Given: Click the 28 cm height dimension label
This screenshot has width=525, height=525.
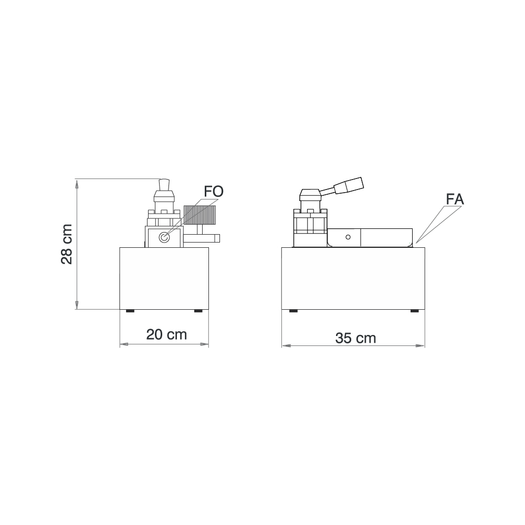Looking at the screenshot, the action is tap(67, 245).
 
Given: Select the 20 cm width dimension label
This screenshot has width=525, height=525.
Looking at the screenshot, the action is tap(166, 334).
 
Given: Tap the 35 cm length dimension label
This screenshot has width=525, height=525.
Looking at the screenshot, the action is tap(355, 338).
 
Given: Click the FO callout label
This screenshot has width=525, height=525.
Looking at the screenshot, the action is tap(214, 192).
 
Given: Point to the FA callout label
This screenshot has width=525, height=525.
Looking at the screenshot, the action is tap(455, 199).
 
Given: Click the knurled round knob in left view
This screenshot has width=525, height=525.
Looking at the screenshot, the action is tap(200, 215).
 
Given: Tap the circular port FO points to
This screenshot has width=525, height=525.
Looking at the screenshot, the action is tap(164, 237).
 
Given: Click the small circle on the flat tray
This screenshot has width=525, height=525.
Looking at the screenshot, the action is tap(348, 237).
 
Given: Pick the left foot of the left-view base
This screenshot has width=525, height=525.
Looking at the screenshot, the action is tap(130, 311).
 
